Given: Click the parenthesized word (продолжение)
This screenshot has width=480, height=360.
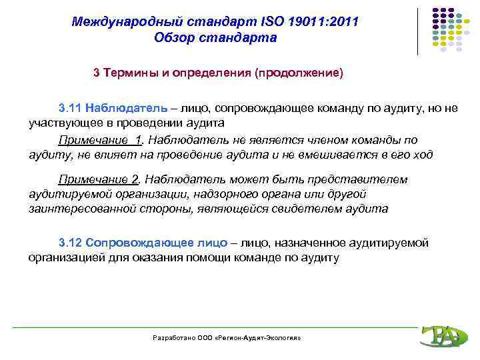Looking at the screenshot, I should [x=298, y=73].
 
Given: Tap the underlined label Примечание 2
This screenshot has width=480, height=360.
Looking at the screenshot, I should [x=100, y=179].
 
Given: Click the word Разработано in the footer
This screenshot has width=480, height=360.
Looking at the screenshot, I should [x=173, y=339].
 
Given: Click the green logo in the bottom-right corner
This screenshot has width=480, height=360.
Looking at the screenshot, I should [x=440, y=335].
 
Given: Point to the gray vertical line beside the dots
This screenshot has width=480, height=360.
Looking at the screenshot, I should [x=418, y=31].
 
